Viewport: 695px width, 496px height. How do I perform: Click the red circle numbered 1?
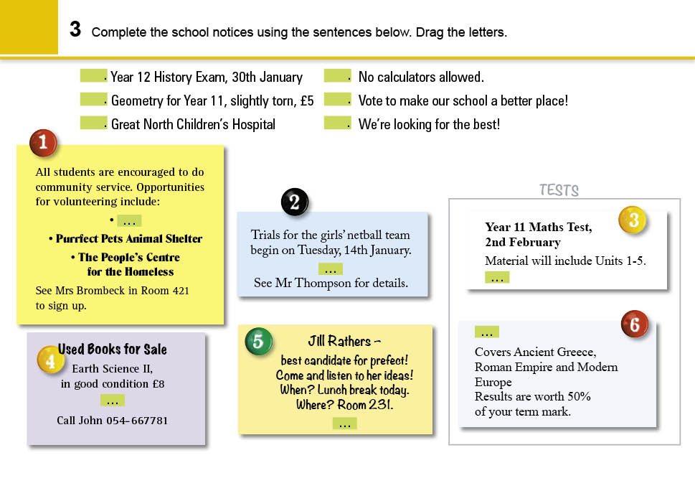click(43, 143)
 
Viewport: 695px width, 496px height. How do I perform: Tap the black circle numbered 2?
click(294, 202)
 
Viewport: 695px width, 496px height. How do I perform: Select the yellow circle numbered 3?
click(633, 220)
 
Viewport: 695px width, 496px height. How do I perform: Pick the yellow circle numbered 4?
click(50, 361)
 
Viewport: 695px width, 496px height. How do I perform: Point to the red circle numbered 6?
click(634, 325)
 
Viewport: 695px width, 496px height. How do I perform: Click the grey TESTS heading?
click(559, 190)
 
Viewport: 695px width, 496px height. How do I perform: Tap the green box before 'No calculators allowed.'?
click(336, 75)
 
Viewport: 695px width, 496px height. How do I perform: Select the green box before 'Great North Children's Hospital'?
click(93, 123)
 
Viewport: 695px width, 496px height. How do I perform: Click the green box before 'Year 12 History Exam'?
click(93, 75)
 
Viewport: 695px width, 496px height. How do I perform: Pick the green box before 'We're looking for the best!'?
click(336, 123)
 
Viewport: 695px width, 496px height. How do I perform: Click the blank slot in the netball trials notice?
click(331, 269)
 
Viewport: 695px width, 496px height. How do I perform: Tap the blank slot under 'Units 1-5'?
click(497, 277)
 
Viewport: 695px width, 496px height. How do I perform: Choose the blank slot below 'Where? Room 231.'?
click(344, 423)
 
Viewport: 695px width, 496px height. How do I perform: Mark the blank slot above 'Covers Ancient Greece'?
click(487, 332)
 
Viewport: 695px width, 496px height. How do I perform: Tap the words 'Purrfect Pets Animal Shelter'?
click(129, 239)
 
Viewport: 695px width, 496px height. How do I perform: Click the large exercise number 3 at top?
click(75, 29)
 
